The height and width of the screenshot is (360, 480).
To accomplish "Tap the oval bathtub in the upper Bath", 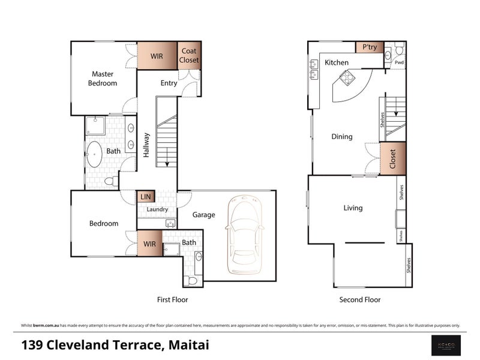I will [x=94, y=154].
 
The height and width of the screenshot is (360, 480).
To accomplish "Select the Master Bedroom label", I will [x=102, y=79].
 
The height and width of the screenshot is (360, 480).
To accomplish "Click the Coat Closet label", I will [x=189, y=56].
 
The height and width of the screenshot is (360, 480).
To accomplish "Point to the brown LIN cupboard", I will [x=146, y=197].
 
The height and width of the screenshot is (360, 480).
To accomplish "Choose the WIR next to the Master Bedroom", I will [x=157, y=56].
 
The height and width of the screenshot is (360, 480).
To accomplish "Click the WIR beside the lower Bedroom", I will [x=149, y=244].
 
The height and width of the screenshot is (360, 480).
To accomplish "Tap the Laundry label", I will [x=157, y=209].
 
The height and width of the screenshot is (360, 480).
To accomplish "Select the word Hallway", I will [x=146, y=145].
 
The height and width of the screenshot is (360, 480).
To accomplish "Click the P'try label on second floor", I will [x=369, y=47].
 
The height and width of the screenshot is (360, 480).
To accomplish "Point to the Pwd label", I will [x=399, y=62].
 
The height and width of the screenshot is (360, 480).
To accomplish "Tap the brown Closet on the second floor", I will [x=393, y=158].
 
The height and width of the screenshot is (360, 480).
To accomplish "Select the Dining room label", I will [x=342, y=137].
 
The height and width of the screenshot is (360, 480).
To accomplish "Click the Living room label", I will [x=353, y=208].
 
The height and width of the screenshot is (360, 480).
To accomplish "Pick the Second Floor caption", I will [x=360, y=299].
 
